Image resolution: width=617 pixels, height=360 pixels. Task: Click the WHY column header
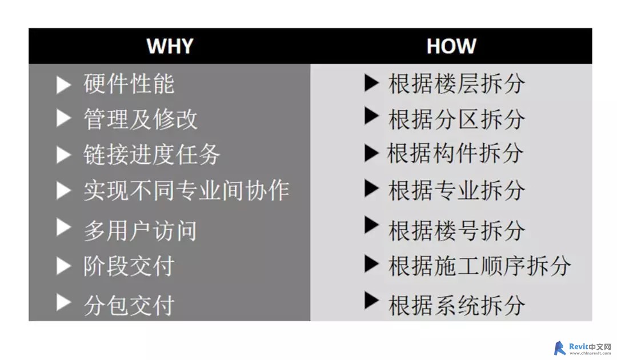tap(170, 46)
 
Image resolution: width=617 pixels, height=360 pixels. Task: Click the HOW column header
tap(451, 46)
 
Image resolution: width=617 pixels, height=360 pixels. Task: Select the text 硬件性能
tap(129, 83)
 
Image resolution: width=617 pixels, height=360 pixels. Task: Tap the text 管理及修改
tap(141, 119)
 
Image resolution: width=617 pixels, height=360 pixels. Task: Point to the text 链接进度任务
tap(152, 154)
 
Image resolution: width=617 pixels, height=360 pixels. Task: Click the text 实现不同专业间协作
tap(186, 191)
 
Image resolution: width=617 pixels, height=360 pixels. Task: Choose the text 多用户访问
tap(141, 230)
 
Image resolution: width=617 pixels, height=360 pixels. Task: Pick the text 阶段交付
tap(129, 266)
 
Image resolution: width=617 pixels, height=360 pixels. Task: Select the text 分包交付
tap(129, 305)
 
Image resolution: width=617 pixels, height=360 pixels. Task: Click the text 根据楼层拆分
tap(457, 83)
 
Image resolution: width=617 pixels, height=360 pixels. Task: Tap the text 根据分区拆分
tap(457, 119)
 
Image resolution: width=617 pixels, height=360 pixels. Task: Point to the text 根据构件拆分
tap(456, 153)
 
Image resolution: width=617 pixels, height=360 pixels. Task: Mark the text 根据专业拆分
tap(457, 190)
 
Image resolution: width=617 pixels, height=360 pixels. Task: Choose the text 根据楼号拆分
tap(457, 230)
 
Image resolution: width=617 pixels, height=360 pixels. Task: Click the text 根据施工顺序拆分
tap(480, 266)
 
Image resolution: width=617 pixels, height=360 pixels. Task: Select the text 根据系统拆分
tap(457, 305)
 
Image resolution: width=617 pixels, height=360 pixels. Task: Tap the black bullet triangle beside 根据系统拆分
tap(371, 301)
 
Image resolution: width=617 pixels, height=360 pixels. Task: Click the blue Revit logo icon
tap(559, 348)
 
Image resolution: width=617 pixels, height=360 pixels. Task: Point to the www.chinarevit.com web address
tap(590, 353)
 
